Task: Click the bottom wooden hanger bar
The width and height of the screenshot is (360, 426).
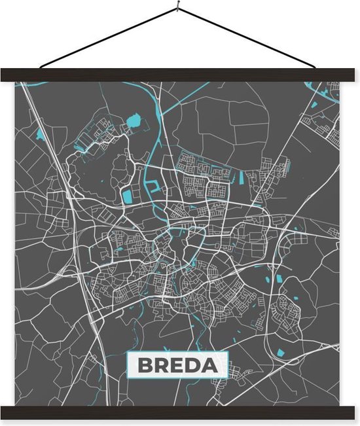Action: tap(180, 412)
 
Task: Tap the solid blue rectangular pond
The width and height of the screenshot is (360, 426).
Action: tap(127, 194)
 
